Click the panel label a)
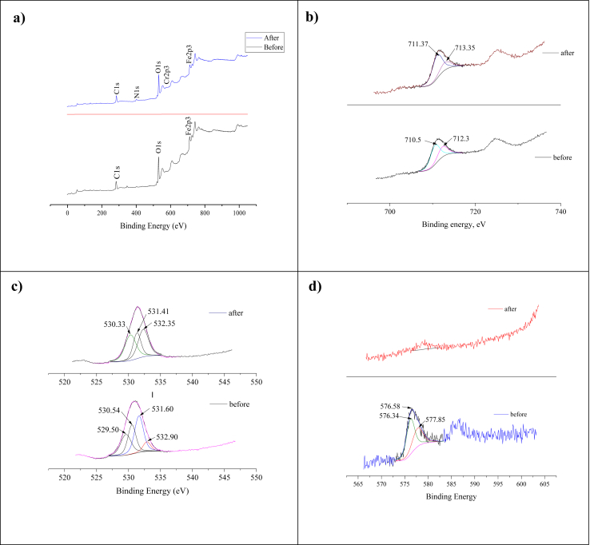coord(19,21)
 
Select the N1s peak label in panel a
coord(137,91)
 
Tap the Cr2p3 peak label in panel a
coord(166,74)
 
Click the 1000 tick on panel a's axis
coord(238,213)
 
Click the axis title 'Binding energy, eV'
coord(453,224)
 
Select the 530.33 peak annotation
coord(115,324)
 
